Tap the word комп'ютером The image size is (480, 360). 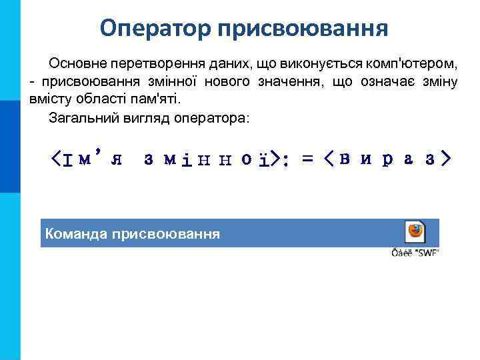(410, 63)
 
